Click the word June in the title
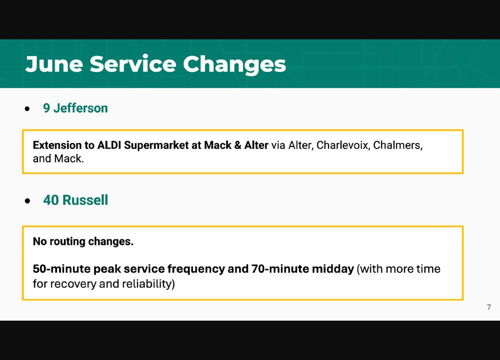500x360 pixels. pos(54,64)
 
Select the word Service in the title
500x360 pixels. pos(132,64)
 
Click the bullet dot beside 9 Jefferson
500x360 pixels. pos(27,109)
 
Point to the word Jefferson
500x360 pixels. pos(80,108)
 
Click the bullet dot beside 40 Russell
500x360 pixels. pos(27,201)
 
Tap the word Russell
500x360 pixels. pos(85,200)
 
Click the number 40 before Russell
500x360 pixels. pos(51,200)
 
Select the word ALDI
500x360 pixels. pos(109,145)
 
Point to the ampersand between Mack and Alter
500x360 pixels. pos(237,145)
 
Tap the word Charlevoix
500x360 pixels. pos(343,145)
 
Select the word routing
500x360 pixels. pos(66,241)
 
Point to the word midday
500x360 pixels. pos(332,269)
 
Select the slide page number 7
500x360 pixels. pos(489,307)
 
